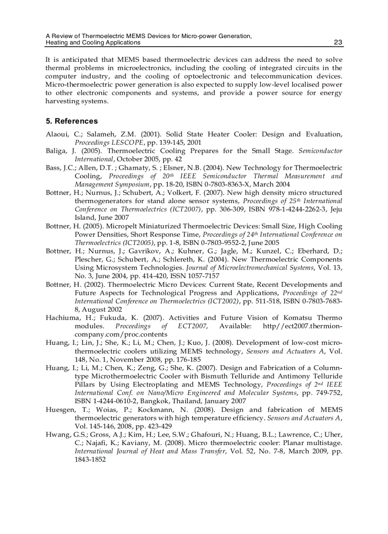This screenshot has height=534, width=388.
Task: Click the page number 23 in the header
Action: [x=338, y=42]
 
